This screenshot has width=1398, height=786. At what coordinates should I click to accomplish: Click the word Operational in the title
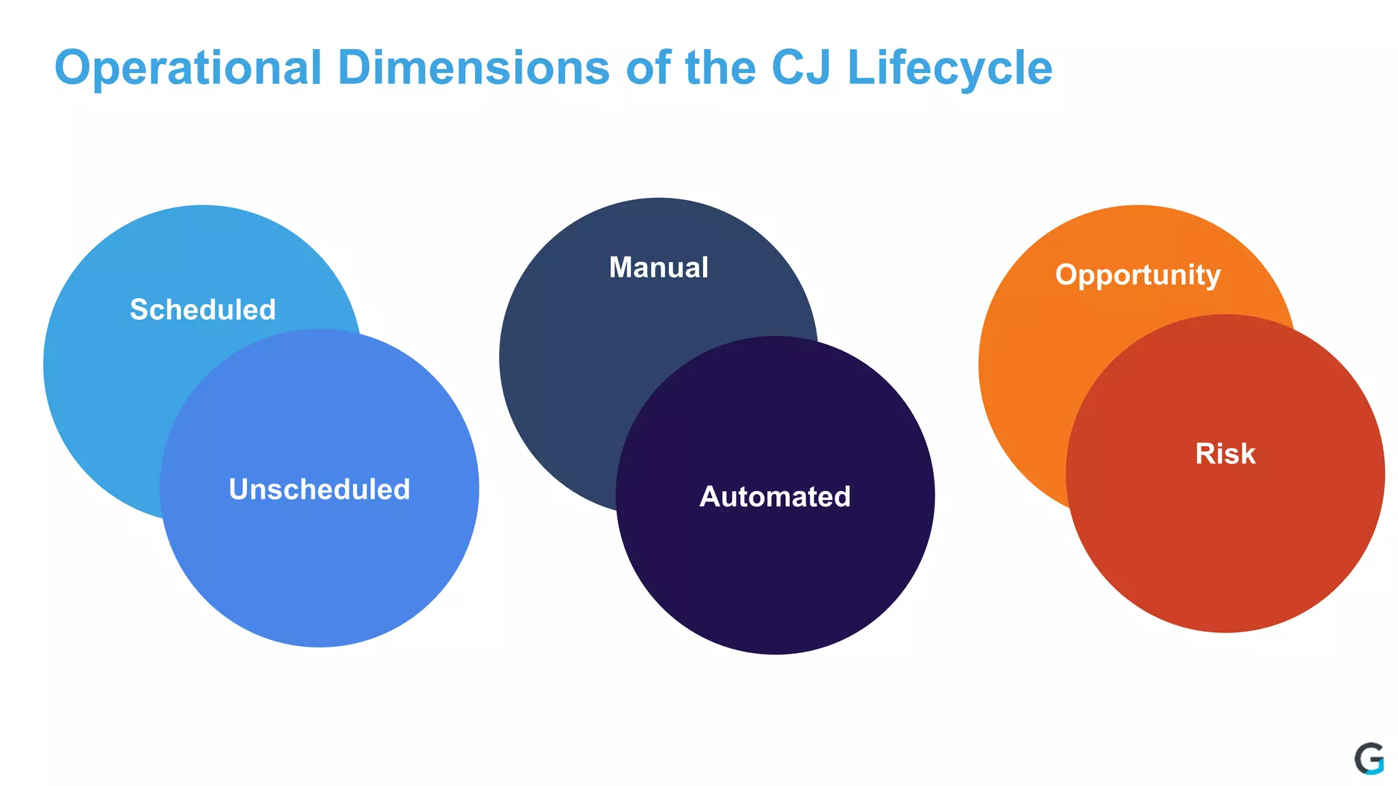[x=188, y=68]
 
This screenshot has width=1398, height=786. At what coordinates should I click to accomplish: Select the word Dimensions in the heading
[x=473, y=68]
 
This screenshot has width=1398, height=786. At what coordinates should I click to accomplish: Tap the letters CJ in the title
[x=801, y=68]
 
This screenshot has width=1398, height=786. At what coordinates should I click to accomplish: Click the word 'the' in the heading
[x=720, y=68]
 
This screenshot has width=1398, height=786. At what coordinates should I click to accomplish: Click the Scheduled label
[x=203, y=310]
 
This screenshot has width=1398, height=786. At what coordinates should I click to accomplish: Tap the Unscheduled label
[x=319, y=489]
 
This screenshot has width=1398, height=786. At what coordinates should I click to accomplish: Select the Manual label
[x=659, y=267]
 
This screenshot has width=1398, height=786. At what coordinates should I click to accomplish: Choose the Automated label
[x=775, y=497]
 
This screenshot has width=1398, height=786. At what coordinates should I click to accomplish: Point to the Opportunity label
[x=1137, y=275]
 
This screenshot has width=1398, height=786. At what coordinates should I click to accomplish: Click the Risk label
[x=1225, y=454]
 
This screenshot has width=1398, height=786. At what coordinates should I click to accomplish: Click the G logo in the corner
[x=1369, y=759]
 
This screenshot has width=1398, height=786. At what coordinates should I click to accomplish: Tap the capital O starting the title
[x=72, y=68]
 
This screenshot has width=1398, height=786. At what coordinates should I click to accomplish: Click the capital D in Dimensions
[x=356, y=68]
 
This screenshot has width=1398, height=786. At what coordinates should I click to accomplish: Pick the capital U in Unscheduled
[x=240, y=489]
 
